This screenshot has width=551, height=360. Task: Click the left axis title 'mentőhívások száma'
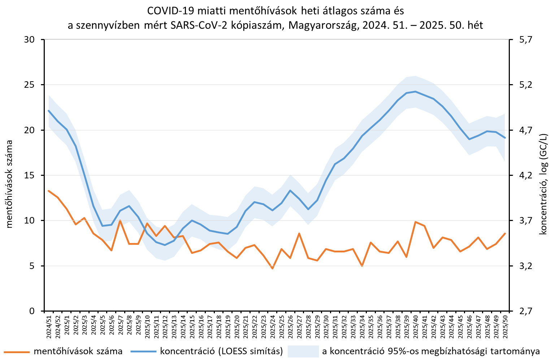[9, 184]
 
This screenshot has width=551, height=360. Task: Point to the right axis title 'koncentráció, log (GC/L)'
[543, 184]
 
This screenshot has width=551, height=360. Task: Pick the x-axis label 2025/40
[416, 326]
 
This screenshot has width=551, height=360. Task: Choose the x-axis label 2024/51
[49, 326]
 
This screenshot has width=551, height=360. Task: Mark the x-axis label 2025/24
[273, 326]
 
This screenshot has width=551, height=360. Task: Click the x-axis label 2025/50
[505, 326]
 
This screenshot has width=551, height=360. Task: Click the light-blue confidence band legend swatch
[303, 351]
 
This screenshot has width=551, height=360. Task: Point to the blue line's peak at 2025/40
[416, 91]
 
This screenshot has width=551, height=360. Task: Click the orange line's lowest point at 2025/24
[273, 268]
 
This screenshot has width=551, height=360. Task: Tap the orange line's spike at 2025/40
[416, 222]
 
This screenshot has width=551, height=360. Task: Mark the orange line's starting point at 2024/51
[49, 191]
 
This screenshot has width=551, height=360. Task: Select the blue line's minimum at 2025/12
[165, 245]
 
